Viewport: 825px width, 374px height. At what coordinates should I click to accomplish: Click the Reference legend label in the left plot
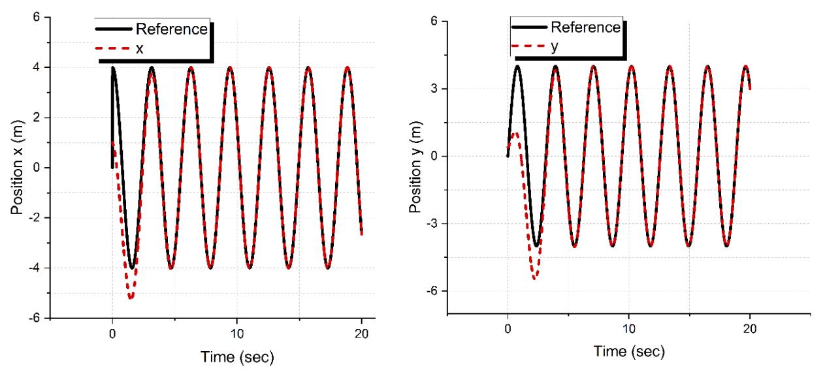point(172,29)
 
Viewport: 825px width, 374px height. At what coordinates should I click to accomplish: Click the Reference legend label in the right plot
point(586,27)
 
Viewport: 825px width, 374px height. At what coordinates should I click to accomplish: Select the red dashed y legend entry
point(535,46)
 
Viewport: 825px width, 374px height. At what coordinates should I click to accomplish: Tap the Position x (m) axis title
point(17,168)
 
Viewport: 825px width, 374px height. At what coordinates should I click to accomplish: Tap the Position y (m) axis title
point(415,166)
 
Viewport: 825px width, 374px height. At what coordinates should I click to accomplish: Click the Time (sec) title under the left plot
point(237,356)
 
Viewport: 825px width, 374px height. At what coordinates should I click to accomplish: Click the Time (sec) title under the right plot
point(629,351)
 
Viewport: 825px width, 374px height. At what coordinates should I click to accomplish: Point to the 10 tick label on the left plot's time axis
point(237,334)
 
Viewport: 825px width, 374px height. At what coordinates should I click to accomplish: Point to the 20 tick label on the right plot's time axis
point(749,328)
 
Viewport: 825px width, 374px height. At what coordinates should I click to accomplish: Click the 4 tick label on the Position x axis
point(37,67)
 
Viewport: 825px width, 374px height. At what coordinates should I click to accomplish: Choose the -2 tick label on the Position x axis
point(34,218)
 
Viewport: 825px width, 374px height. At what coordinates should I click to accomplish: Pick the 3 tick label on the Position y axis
point(434,89)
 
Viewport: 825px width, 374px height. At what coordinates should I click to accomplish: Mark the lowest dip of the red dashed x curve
point(130,298)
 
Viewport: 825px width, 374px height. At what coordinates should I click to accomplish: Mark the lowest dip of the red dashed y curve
point(535,277)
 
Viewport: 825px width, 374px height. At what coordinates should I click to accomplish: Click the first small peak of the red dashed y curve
point(515,134)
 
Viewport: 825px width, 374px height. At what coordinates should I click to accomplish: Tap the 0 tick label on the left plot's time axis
point(112,334)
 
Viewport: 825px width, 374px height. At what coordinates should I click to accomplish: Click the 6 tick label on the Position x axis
point(37,17)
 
